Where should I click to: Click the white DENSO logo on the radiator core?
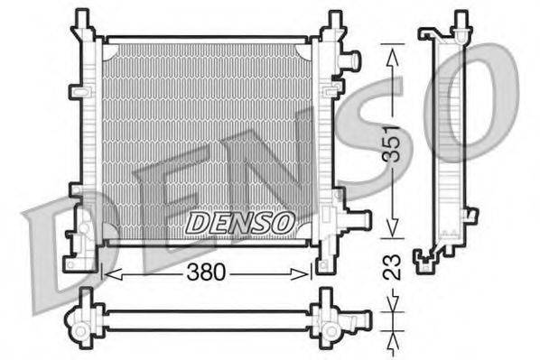(x=238, y=220)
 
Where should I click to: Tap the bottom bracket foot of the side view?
(x=425, y=263)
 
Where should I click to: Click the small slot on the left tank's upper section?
(x=81, y=93)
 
